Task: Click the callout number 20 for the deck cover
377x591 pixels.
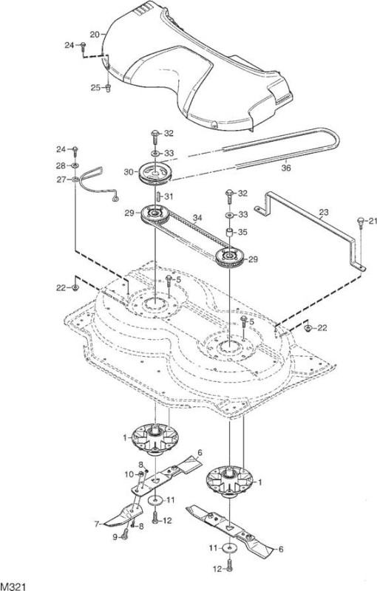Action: click(95, 35)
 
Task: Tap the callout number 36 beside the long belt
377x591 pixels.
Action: click(286, 168)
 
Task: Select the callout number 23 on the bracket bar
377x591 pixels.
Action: click(324, 212)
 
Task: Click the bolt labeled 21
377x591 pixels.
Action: click(361, 222)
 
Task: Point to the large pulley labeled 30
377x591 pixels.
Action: click(155, 174)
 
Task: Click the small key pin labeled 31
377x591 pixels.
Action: click(159, 197)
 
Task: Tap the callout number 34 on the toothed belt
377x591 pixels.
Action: click(197, 218)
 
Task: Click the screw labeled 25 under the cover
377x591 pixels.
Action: click(108, 88)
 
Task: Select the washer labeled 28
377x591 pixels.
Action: click(75, 165)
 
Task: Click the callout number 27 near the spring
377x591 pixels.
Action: click(61, 180)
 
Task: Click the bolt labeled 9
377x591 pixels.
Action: click(125, 533)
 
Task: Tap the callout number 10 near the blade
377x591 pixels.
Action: click(129, 474)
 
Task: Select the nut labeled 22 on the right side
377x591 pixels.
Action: click(308, 328)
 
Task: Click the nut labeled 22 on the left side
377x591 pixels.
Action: click(75, 288)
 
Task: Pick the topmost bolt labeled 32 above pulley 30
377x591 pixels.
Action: click(154, 136)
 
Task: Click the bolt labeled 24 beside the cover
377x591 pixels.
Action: click(84, 46)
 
